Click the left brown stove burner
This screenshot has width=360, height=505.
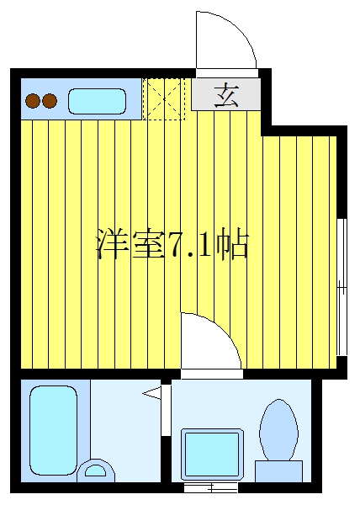pos(33,101)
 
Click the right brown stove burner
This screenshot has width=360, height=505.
pos(50,101)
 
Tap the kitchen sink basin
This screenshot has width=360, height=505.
pos(97,101)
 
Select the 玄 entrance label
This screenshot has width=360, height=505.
pos(227,95)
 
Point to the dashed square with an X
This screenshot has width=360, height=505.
pos(164,98)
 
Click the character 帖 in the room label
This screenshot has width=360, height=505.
pos(232,244)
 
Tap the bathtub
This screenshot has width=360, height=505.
pos(53,429)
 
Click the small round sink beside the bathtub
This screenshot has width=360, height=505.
pos(95,470)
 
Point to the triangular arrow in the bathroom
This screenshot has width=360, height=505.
pos(151,393)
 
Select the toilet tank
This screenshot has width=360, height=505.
pos(278,471)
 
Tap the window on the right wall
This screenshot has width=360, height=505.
pos(342,287)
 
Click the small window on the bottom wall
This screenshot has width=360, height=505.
pos(211,487)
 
